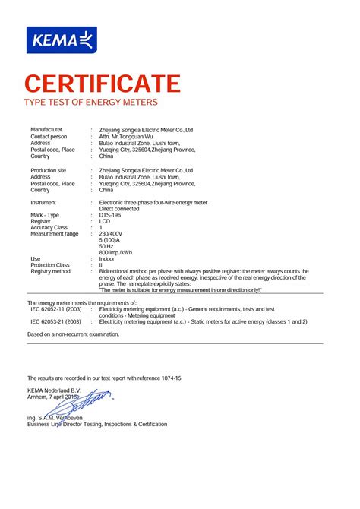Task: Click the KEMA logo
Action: coord(62,40)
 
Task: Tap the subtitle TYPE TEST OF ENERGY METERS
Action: coord(91,101)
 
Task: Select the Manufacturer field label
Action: coord(46,130)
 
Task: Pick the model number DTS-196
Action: coord(111,215)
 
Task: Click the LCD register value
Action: coord(105,222)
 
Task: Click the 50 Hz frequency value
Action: coord(107,246)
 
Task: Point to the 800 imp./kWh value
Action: coord(115,252)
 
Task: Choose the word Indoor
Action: coord(107,259)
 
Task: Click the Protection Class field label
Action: coord(50,265)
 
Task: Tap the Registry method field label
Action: coord(50,271)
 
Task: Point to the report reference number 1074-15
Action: coord(169,378)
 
